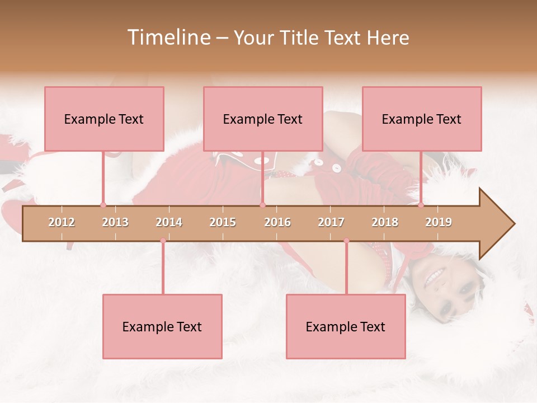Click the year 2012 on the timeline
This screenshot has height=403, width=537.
[62, 222]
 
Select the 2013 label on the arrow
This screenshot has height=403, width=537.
[115, 222]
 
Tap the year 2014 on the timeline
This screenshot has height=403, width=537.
[169, 222]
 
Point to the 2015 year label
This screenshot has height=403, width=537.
[223, 222]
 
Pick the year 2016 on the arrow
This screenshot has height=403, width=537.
[277, 222]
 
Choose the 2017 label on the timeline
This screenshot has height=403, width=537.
[331, 222]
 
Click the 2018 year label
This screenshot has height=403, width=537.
[385, 222]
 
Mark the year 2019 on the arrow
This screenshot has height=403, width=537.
[439, 222]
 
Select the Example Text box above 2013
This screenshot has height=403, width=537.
[104, 119]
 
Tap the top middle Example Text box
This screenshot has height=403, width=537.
[263, 119]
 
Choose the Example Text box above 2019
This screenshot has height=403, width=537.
[422, 119]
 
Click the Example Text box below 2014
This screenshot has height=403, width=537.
[162, 326]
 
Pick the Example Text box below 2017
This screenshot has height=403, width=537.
[346, 326]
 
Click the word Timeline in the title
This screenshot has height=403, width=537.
[168, 38]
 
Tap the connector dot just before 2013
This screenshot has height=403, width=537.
[103, 205]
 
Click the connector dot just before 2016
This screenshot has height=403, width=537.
[263, 205]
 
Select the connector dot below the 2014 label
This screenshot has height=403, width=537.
[163, 241]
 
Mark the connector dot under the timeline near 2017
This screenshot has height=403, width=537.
[346, 241]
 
